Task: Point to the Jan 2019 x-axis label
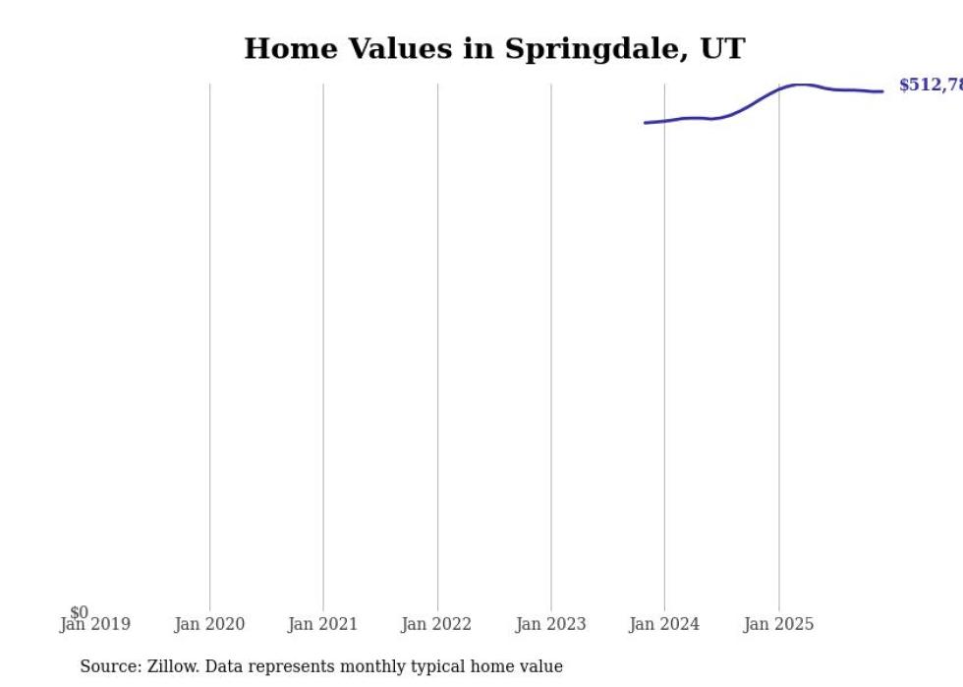click(x=95, y=624)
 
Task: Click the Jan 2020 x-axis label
click(x=209, y=624)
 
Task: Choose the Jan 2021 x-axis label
click(x=323, y=624)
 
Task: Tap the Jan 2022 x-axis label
click(x=436, y=624)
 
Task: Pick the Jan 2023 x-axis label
click(x=550, y=624)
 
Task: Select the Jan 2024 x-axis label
click(x=664, y=624)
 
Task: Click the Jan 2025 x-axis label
click(x=778, y=624)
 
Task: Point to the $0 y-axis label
click(x=79, y=612)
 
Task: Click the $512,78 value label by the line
click(x=930, y=86)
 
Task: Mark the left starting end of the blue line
click(x=646, y=123)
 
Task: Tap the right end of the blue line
click(x=881, y=91)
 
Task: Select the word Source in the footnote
click(x=109, y=666)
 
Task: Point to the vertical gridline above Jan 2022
click(x=437, y=344)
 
